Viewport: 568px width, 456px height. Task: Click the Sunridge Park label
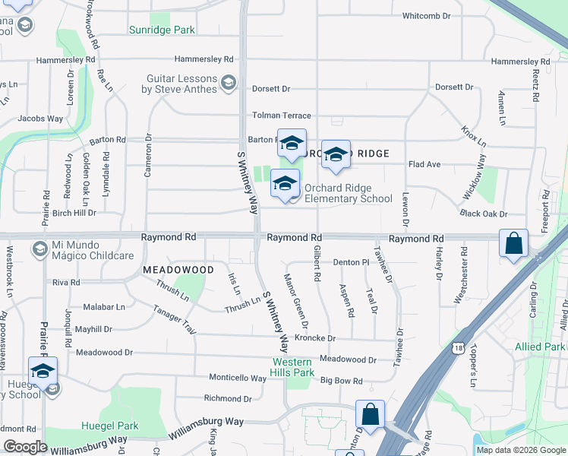(162, 30)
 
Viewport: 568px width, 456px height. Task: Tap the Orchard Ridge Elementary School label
(349, 194)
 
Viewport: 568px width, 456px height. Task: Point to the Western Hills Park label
(294, 368)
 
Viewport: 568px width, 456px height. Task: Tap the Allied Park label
(544, 347)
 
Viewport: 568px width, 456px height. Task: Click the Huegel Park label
(113, 426)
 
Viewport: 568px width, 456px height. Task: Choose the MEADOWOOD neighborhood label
(179, 270)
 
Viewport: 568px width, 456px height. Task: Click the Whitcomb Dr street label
(426, 16)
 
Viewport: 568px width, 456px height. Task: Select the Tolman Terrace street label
(282, 116)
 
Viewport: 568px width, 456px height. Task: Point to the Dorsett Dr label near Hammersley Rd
(272, 89)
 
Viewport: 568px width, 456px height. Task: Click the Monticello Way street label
(238, 378)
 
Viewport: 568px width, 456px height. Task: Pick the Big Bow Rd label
(342, 381)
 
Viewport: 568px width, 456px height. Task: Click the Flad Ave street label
(424, 164)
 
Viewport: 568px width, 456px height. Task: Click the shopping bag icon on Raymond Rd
(514, 243)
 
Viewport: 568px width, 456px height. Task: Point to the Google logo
(25, 447)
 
